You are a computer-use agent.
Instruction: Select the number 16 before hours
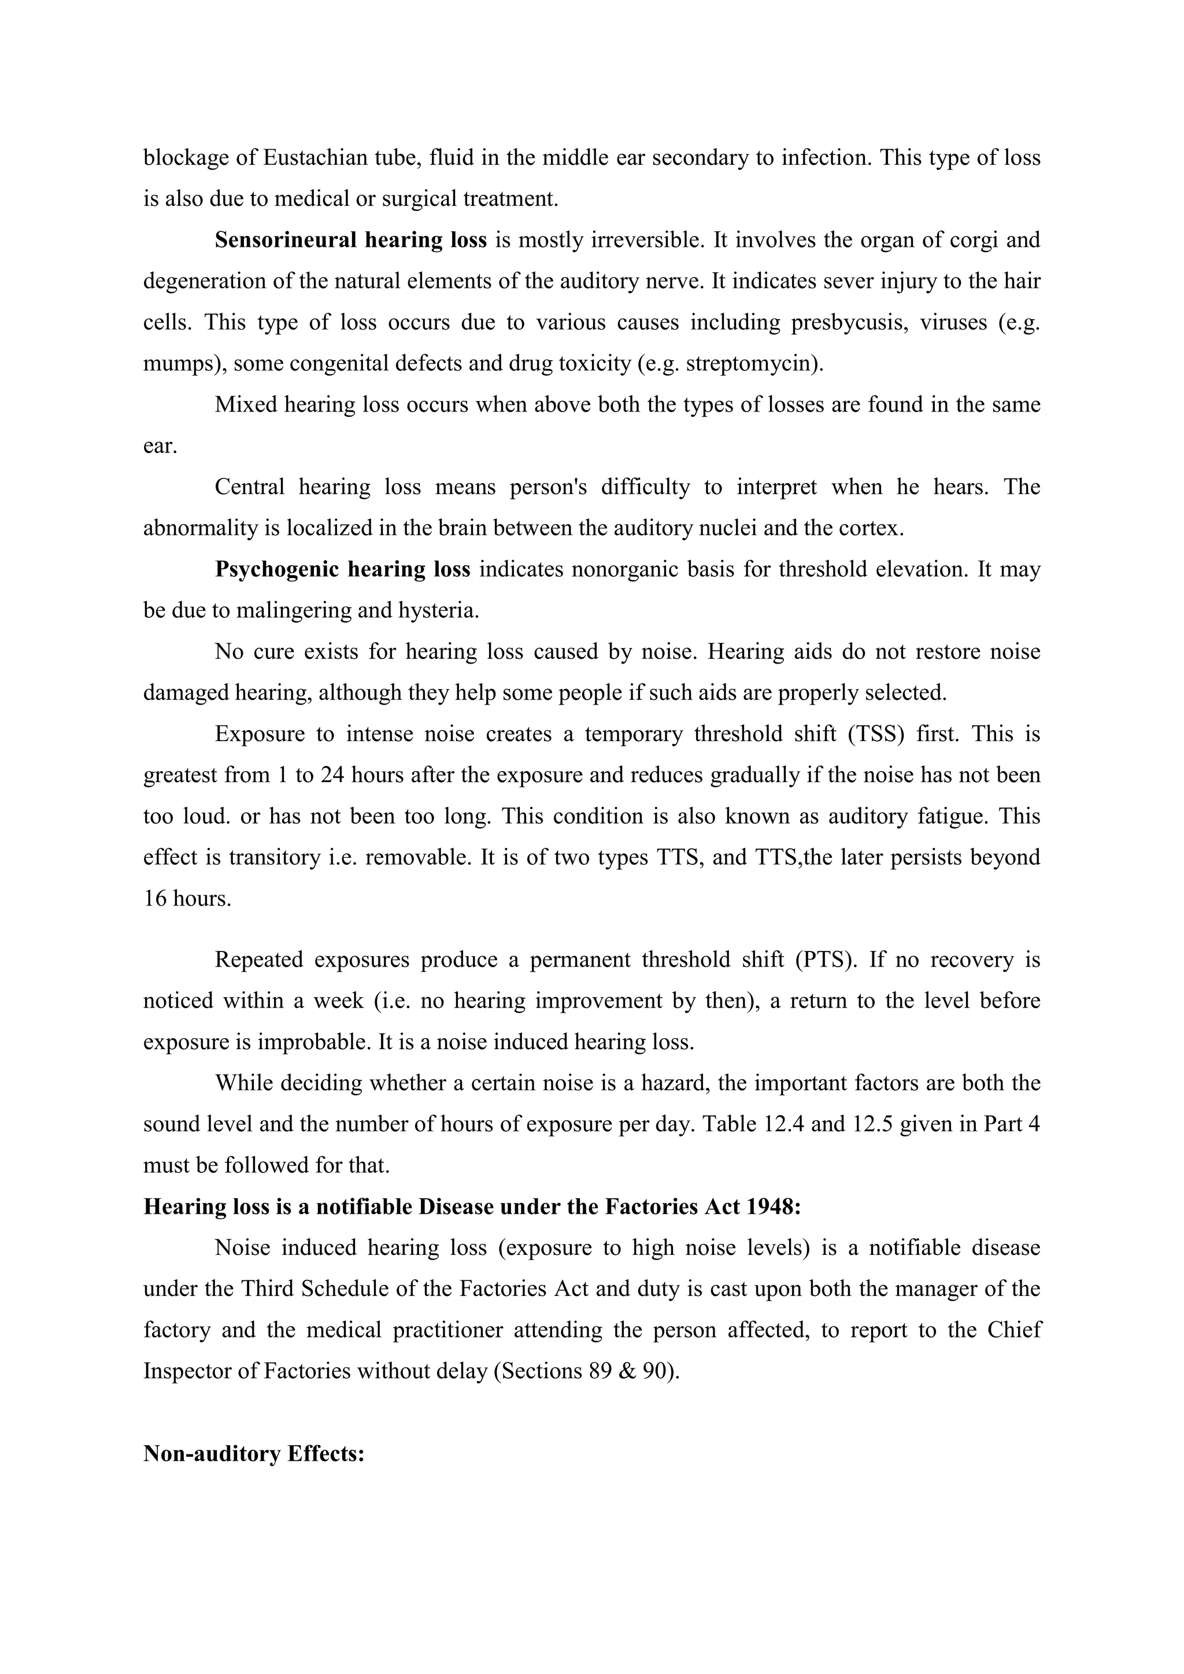click(x=156, y=898)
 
